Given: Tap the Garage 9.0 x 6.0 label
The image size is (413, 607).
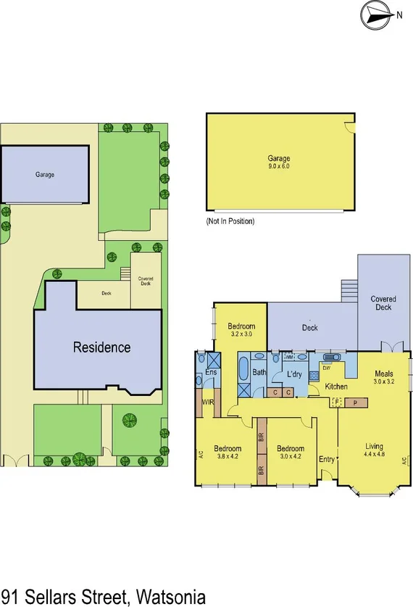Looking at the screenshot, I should tap(279, 162).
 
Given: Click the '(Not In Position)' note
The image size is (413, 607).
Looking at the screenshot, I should tap(230, 220).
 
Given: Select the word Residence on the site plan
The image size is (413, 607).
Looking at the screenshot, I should tap(101, 347).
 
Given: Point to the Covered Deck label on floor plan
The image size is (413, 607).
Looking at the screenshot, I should tap(383, 303).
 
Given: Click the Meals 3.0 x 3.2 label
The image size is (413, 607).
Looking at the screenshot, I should tap(384, 376).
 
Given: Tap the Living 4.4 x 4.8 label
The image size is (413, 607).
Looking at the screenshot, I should tap(374, 450).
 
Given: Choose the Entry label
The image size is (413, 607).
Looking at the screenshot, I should tap(327, 459).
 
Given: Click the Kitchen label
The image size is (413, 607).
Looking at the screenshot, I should tap(336, 387).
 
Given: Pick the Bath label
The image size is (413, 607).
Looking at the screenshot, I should tap(259, 373).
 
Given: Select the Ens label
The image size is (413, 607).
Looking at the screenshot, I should tap(211, 373).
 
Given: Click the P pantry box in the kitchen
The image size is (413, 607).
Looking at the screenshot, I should tap(356, 402).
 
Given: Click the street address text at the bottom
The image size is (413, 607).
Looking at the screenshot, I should tap(104, 596).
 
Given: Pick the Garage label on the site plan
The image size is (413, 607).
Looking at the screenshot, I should tap(45, 174).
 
